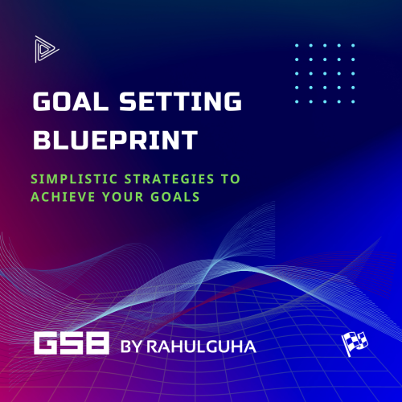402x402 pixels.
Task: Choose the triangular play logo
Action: tap(43, 49)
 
